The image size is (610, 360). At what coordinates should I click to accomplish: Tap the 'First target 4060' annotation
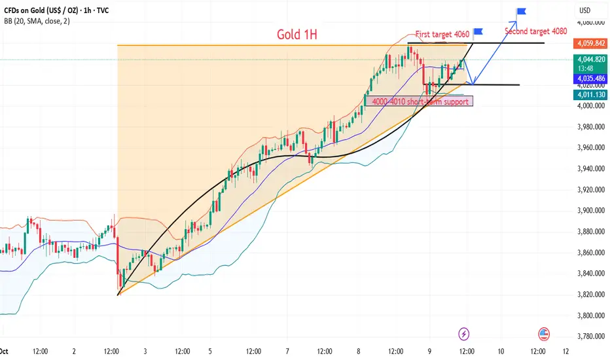coord(442,33)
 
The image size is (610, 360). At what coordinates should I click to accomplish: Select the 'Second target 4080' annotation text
coord(535,30)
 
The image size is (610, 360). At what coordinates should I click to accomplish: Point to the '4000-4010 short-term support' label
coord(419,101)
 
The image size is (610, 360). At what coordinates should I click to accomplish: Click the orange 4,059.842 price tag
coord(591,44)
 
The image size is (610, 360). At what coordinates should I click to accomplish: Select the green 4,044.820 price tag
coord(591,58)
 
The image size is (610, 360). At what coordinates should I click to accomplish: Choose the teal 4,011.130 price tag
coord(591,95)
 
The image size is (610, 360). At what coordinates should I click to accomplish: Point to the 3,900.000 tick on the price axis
coord(590,211)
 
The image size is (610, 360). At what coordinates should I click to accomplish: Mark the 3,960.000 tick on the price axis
coord(590,148)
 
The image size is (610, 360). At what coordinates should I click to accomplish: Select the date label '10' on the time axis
coord(501,351)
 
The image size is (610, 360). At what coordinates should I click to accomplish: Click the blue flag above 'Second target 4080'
coord(521,12)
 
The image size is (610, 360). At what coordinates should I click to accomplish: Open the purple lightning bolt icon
coord(464,334)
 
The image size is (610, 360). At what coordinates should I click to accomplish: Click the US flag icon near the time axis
coord(543,334)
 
